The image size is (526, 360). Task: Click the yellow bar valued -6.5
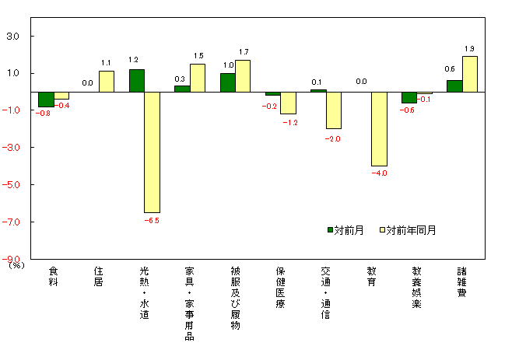click(152, 152)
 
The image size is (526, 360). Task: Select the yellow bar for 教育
click(379, 129)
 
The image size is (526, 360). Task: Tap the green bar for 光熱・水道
click(136, 81)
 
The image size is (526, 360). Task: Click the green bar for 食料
click(46, 100)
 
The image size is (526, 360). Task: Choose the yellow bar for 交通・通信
click(334, 110)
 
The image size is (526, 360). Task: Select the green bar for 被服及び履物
click(227, 82)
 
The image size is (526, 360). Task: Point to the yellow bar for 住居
click(107, 82)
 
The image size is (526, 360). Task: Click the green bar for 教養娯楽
click(409, 97)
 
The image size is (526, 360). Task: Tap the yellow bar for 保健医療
click(288, 103)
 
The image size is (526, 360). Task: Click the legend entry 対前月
click(345, 230)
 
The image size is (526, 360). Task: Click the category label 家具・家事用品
click(189, 303)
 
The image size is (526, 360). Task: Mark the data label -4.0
click(380, 173)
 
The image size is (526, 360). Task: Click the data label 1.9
click(469, 49)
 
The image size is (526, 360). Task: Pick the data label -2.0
click(334, 138)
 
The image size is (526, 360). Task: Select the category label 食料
click(53, 276)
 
